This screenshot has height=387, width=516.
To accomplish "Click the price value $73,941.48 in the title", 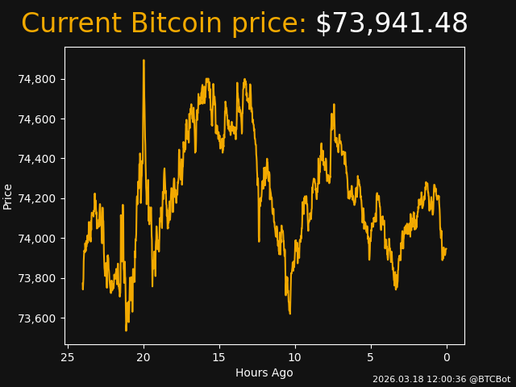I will [391, 24].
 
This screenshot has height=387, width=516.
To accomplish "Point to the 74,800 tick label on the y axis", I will [36, 79].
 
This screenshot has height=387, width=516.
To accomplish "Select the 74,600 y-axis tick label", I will [36, 119].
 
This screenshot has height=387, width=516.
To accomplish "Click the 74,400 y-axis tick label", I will [36, 159].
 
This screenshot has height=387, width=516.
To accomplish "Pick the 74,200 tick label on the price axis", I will [36, 198].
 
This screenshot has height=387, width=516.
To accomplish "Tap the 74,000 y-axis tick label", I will [36, 239].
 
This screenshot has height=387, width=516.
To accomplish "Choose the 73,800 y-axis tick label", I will [36, 278].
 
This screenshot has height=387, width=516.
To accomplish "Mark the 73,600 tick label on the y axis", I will [36, 318].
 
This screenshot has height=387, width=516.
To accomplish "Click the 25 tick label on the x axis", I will [68, 357].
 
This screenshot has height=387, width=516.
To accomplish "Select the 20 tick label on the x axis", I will [144, 357].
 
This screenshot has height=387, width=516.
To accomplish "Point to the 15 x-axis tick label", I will [219, 357].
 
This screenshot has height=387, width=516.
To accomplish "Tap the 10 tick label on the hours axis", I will [295, 357].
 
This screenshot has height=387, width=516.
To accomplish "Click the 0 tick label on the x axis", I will [447, 357].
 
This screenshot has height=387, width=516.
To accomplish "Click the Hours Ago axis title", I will [264, 372].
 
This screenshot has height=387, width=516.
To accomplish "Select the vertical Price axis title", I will [8, 196].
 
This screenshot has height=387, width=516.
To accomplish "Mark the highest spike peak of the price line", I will [144, 60].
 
